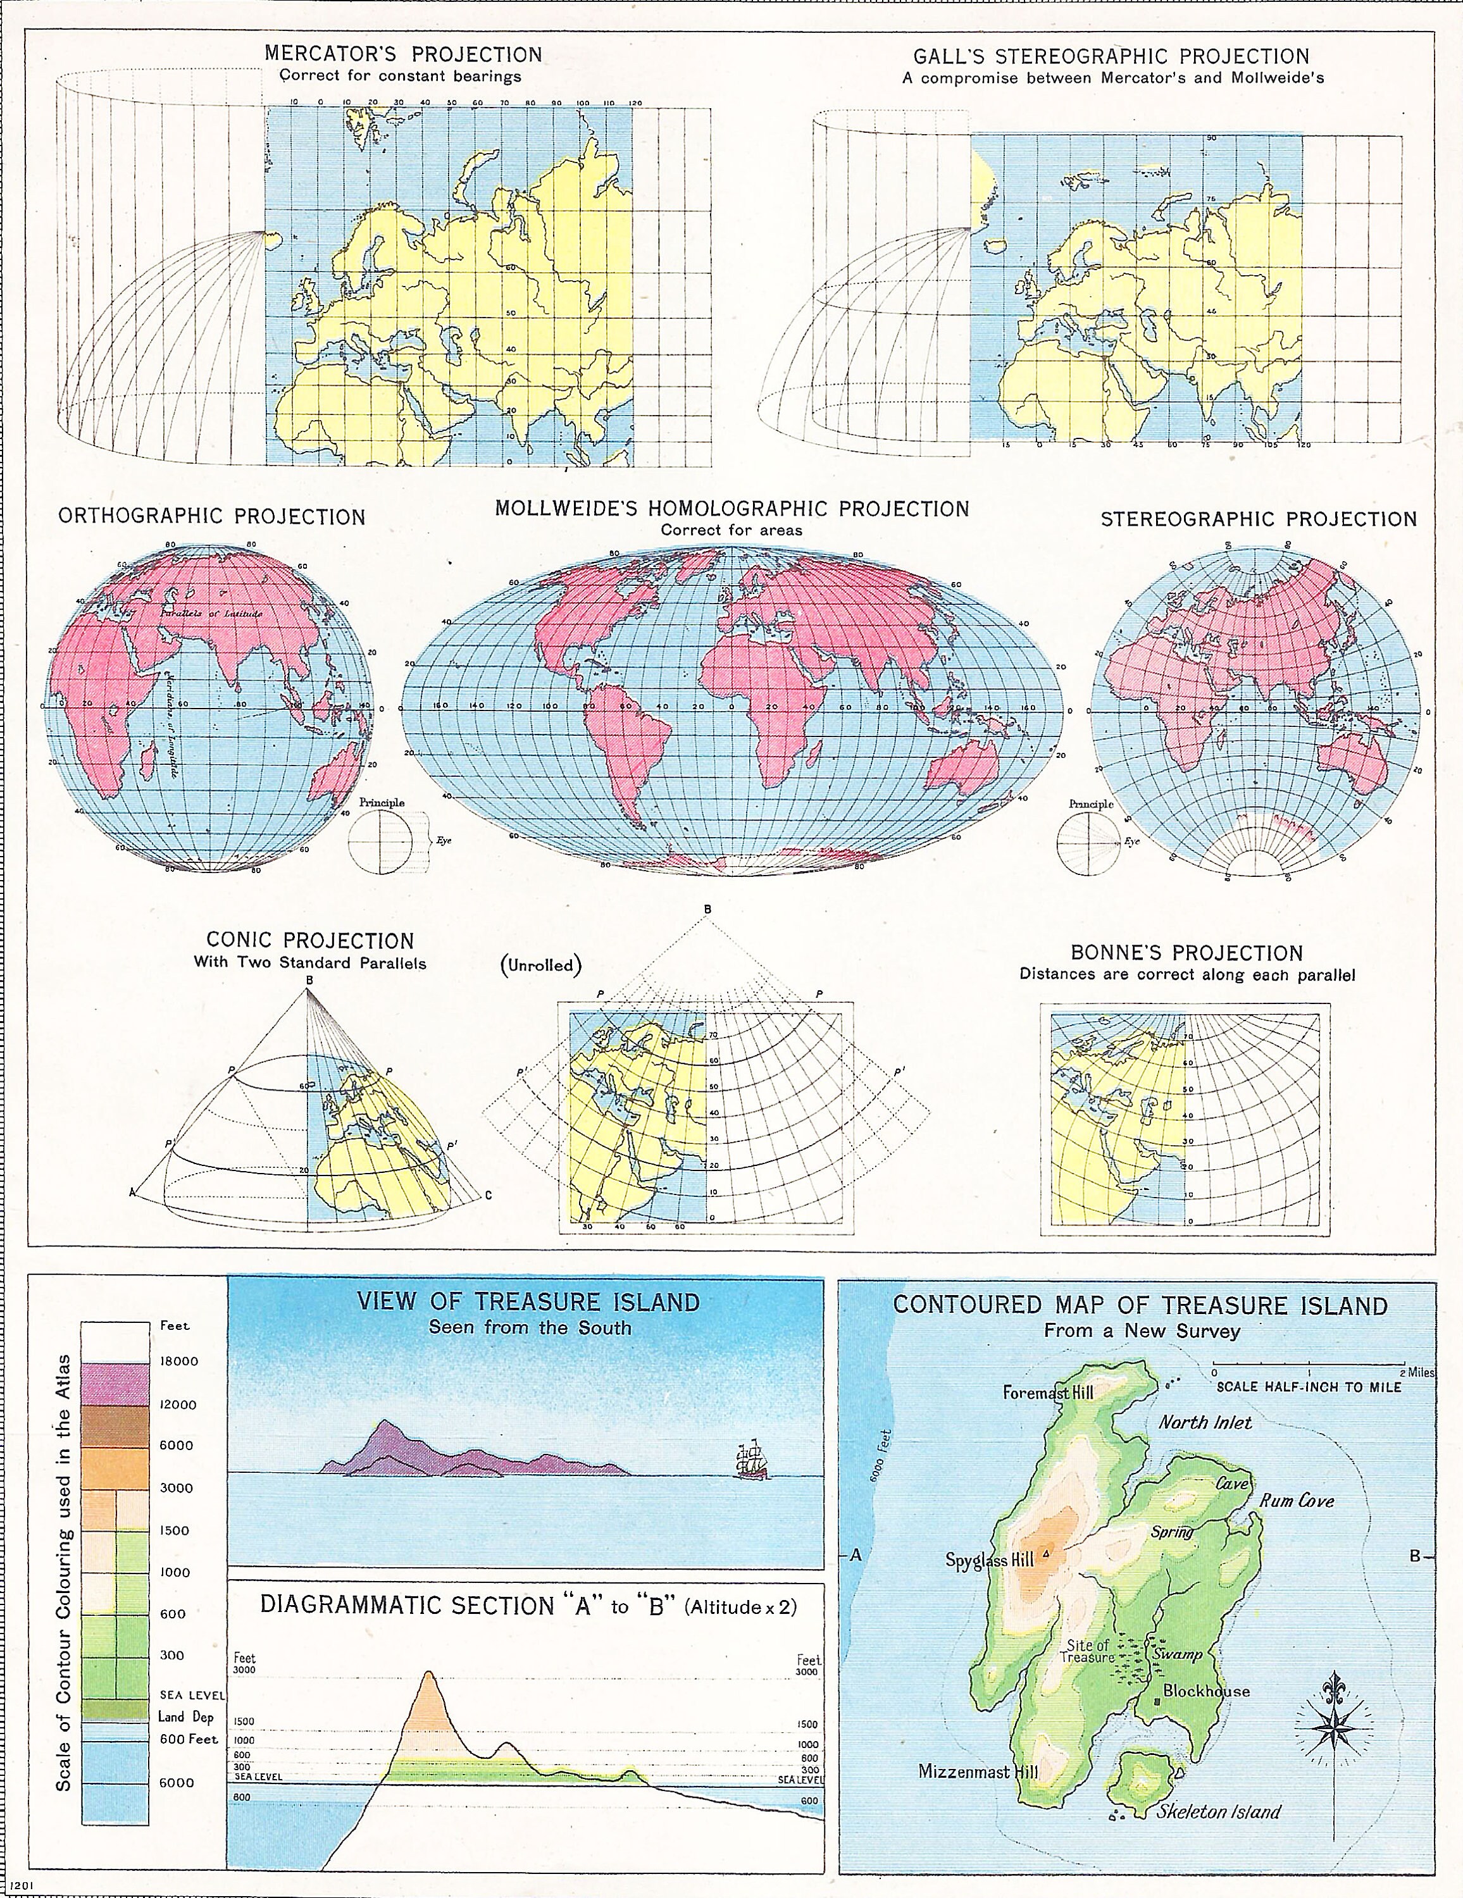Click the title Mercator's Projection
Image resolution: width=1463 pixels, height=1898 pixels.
point(403,55)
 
